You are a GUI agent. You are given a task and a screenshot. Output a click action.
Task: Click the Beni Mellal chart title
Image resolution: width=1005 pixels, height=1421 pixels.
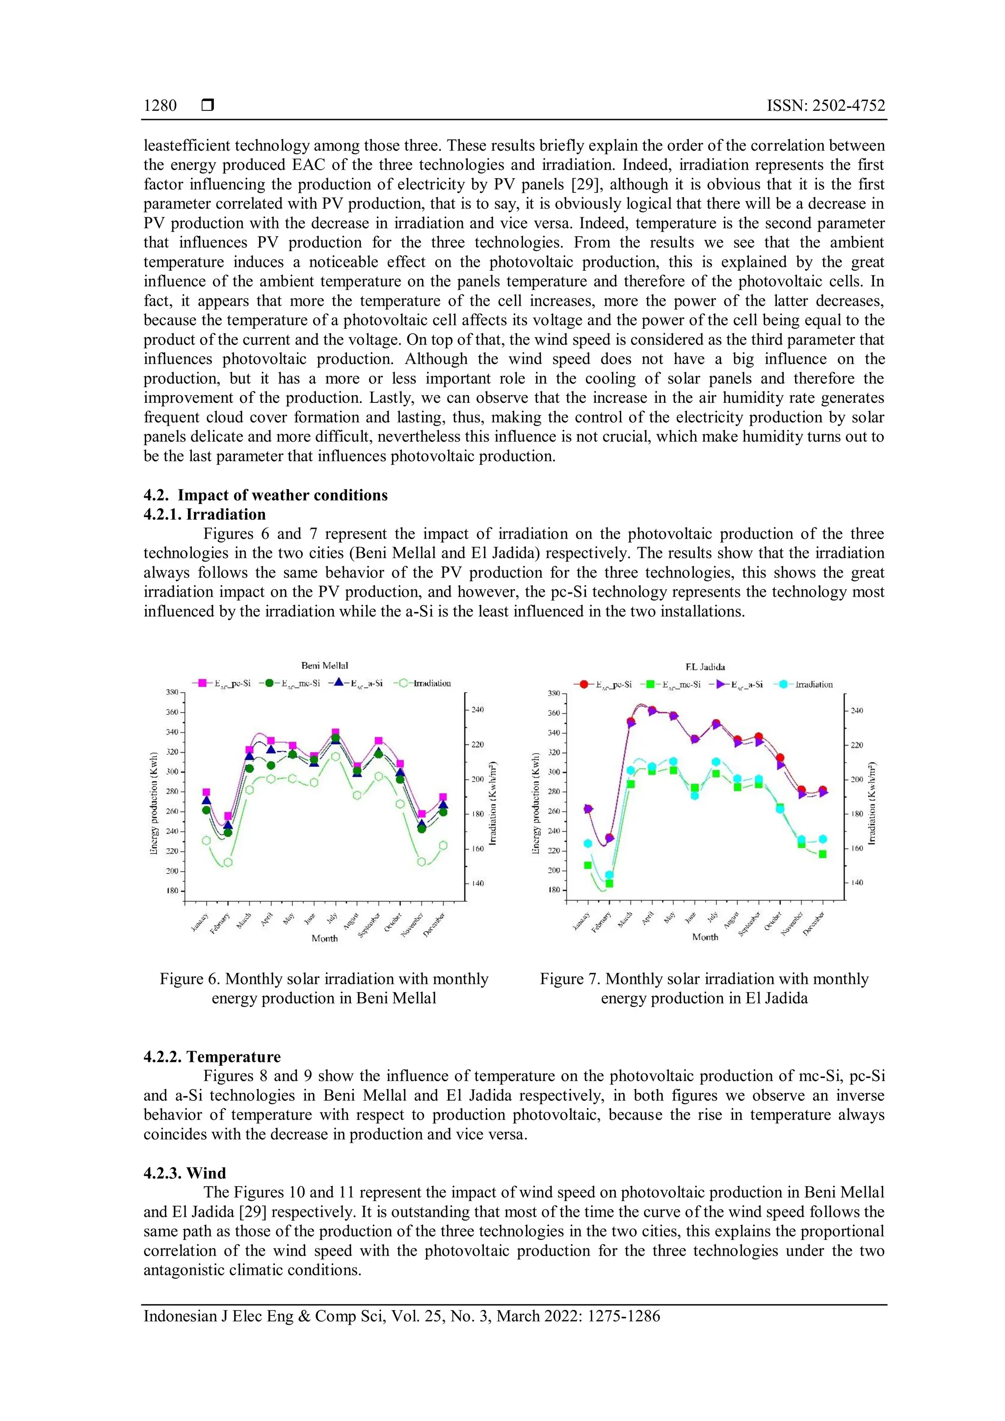click(324, 665)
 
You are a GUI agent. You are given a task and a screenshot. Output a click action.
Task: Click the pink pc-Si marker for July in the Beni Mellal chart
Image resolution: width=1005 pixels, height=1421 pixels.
click(336, 733)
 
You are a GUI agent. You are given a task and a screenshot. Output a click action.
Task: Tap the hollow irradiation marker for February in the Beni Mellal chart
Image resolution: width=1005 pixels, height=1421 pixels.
click(228, 862)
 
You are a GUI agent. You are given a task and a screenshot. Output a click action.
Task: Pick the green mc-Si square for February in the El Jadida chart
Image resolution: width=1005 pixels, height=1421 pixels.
click(609, 883)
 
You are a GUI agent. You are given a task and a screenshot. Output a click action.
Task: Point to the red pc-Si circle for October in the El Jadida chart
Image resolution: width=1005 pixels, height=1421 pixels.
click(780, 758)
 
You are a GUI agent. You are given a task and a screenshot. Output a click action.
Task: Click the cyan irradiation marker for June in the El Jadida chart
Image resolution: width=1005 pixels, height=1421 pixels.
click(694, 795)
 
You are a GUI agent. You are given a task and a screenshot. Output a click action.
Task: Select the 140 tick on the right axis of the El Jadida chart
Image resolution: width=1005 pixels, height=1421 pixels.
click(856, 883)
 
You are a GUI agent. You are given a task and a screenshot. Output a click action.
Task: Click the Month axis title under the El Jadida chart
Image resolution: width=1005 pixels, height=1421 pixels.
click(705, 937)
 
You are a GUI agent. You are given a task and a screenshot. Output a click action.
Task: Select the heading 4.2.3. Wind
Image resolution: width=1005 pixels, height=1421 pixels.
click(185, 1173)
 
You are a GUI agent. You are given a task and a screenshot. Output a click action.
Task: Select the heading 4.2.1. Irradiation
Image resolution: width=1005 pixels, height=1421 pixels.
click(204, 514)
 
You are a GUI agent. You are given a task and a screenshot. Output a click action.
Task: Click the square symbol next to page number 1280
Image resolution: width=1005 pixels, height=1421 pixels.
click(208, 106)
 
